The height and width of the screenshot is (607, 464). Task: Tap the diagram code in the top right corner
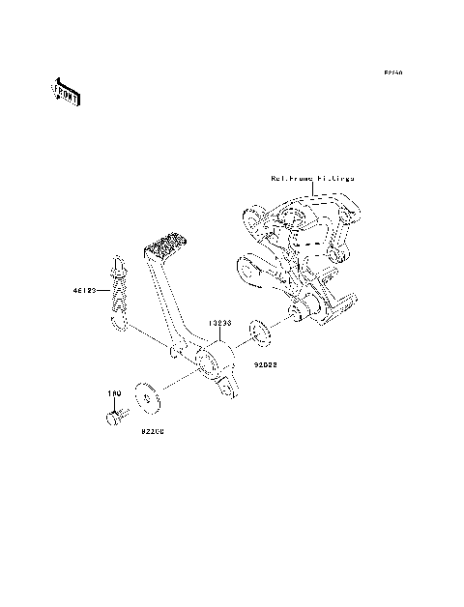pos(391,72)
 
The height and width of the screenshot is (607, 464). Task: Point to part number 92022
pos(266,366)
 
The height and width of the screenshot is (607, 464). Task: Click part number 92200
pos(151,432)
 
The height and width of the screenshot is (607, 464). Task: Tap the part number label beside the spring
pos(82,289)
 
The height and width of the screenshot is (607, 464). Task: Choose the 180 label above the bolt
pos(113,395)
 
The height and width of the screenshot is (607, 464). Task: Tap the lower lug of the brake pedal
pos(228,389)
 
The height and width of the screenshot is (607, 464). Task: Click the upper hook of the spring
pos(115,261)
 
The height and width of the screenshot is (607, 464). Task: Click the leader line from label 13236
pos(221,339)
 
